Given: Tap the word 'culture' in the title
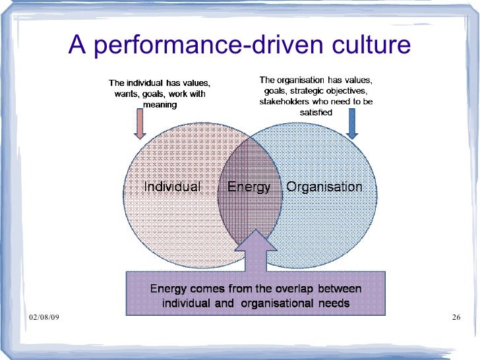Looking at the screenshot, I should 369,46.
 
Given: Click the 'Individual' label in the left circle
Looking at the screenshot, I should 172,187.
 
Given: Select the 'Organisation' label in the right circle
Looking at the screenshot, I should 324,187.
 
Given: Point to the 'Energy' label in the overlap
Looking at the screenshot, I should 249,187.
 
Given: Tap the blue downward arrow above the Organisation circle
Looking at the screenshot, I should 351,123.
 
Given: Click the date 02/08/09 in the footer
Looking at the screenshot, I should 44,319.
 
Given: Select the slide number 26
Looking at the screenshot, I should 455,319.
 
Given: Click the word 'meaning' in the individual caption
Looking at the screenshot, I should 160,105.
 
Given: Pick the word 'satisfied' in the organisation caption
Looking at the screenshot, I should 315,113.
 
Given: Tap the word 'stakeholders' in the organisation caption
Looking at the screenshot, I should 287,102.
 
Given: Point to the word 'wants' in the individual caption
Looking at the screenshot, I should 125,94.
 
